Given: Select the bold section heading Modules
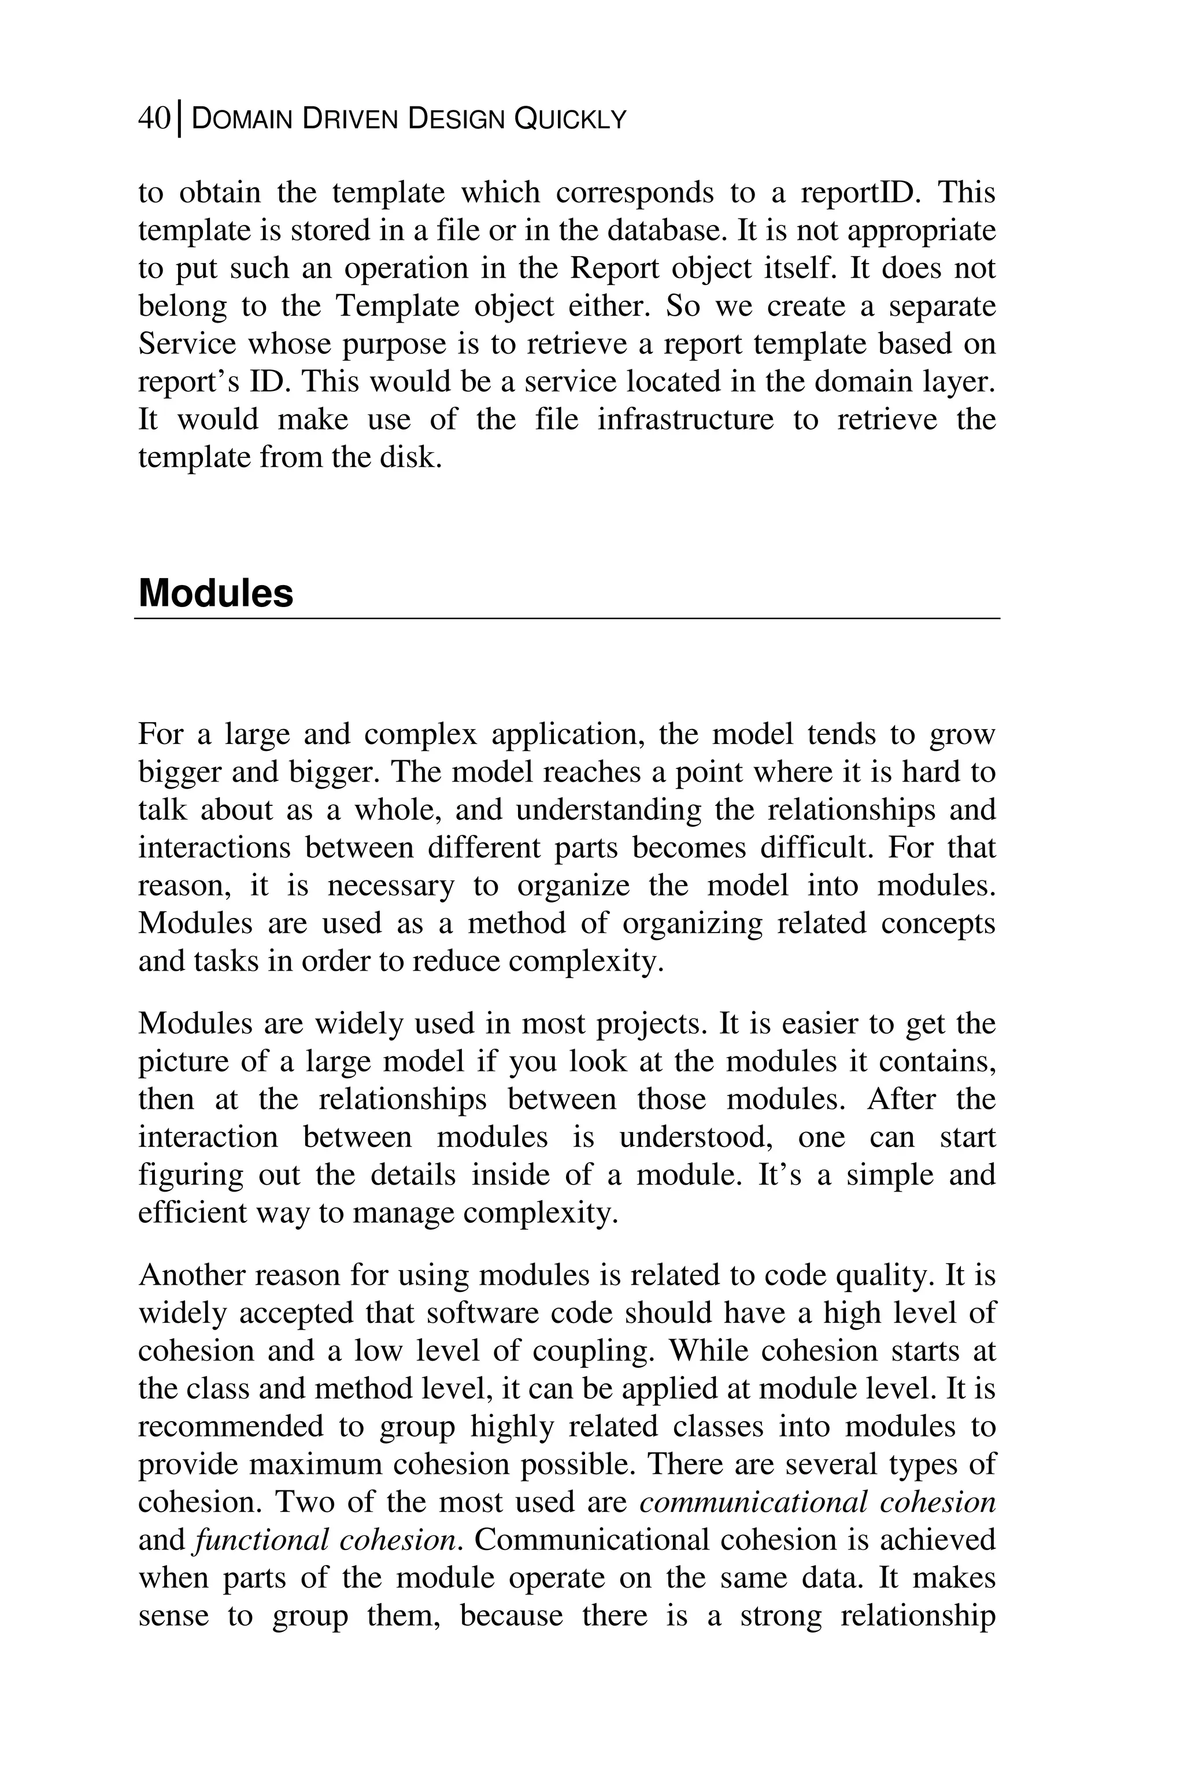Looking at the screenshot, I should coord(216,593).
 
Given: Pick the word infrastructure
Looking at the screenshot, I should coord(685,419).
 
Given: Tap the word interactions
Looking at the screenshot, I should coord(214,848).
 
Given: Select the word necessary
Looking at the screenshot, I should coord(390,886).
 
